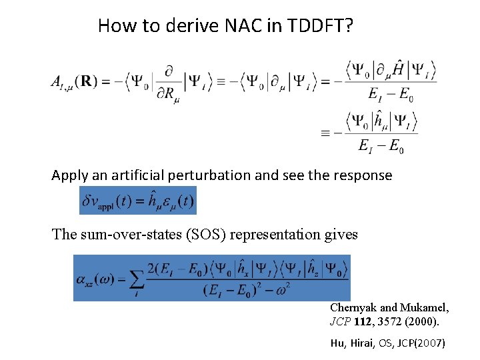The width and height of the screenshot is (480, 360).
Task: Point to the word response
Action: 363,175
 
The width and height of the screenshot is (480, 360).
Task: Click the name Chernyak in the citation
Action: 353,308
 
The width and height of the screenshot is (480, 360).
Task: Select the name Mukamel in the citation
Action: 424,308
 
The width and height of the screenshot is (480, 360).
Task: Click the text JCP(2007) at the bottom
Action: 418,343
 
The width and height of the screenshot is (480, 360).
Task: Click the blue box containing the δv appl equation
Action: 138,201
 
